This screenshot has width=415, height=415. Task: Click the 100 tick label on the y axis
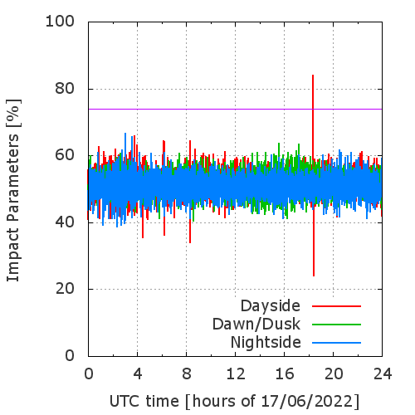click(60, 22)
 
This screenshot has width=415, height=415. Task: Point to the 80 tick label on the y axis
click(65, 89)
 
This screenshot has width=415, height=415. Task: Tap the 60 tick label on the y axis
click(65, 155)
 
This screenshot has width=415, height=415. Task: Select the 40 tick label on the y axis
click(65, 222)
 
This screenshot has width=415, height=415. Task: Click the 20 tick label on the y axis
click(65, 289)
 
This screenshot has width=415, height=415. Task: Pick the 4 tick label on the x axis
click(138, 374)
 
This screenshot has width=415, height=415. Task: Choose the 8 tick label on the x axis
click(187, 374)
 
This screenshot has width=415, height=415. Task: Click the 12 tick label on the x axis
click(236, 374)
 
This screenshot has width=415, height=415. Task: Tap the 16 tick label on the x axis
click(285, 374)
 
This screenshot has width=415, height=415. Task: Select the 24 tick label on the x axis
click(383, 374)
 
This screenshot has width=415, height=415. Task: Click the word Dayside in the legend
click(271, 306)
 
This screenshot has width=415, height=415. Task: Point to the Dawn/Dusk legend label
click(256, 324)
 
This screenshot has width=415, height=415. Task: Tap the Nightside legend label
click(266, 343)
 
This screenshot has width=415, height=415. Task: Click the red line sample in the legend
click(336, 306)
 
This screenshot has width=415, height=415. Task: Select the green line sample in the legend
click(336, 325)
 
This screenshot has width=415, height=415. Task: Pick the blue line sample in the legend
click(336, 343)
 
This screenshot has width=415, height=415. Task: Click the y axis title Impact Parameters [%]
click(13, 190)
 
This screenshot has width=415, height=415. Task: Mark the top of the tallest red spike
click(313, 75)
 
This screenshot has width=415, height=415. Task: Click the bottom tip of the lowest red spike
click(314, 276)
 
